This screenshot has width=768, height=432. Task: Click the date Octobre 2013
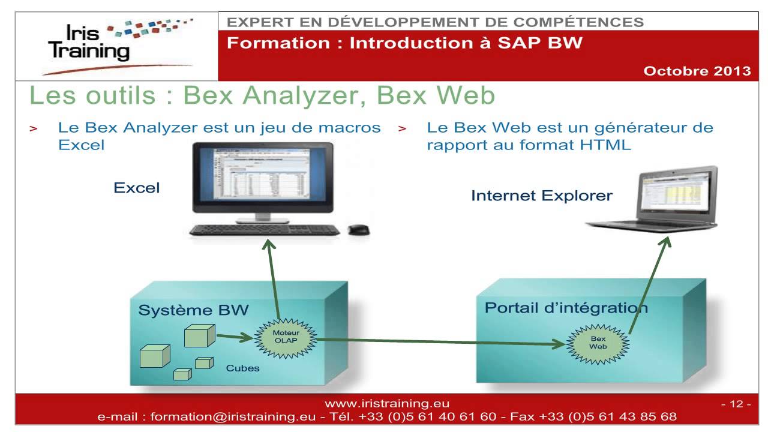tap(697, 71)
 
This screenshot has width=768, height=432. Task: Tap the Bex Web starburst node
tap(598, 342)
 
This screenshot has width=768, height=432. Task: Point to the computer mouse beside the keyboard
tap(359, 229)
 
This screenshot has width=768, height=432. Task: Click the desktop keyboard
tap(264, 230)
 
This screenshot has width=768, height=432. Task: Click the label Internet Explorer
tap(541, 196)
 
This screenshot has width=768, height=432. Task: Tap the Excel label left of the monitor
tap(137, 188)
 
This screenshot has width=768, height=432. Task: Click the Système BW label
tap(193, 310)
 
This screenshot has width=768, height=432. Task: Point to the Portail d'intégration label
tap(566, 308)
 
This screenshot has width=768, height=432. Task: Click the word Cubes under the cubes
tap(242, 368)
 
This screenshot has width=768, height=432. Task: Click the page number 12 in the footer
tap(736, 404)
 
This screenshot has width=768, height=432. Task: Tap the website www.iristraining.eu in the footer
tap(386, 404)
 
